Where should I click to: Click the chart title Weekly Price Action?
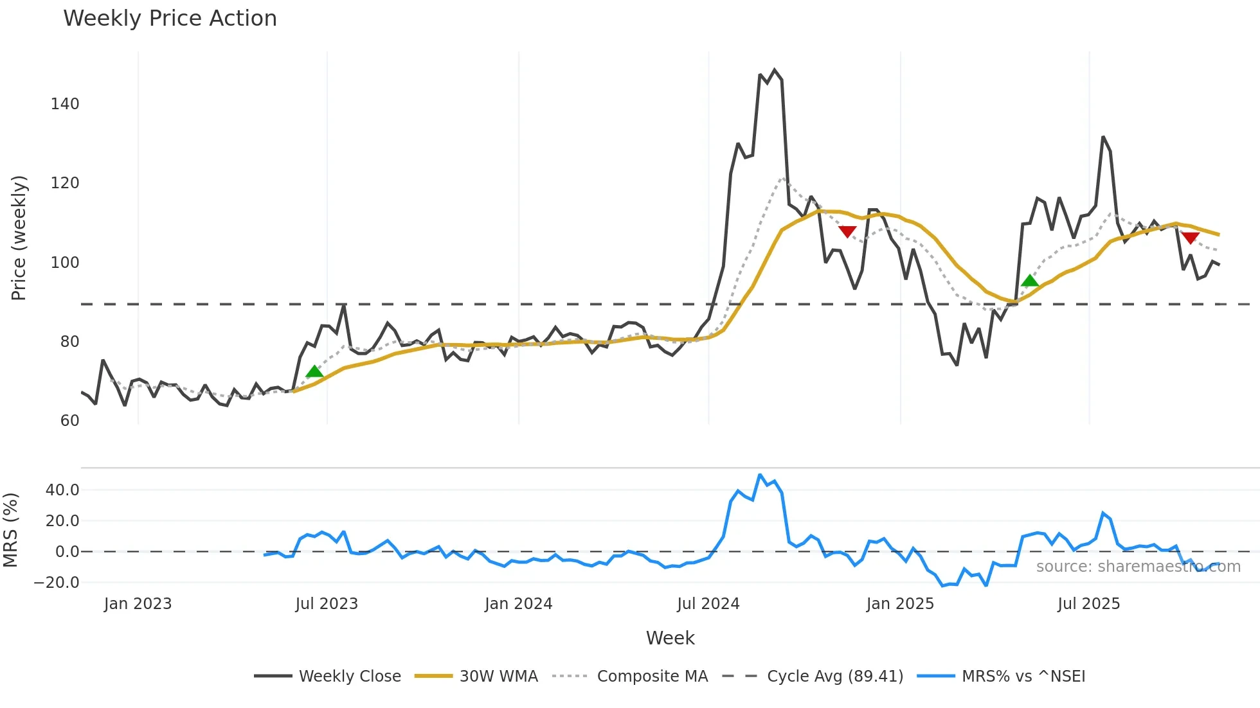pyautogui.click(x=170, y=19)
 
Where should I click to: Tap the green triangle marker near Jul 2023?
pyautogui.click(x=314, y=371)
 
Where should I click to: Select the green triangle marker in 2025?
pyautogui.click(x=1030, y=280)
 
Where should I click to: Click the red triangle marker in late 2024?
pyautogui.click(x=847, y=231)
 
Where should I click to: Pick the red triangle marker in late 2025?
pyautogui.click(x=1190, y=238)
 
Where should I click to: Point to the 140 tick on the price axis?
pyautogui.click(x=65, y=104)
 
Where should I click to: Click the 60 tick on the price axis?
pyautogui.click(x=69, y=421)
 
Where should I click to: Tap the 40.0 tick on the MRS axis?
pyautogui.click(x=62, y=490)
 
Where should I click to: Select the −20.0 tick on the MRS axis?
pyautogui.click(x=57, y=583)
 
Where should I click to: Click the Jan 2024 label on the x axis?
pyautogui.click(x=518, y=604)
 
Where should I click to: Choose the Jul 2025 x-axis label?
pyautogui.click(x=1088, y=604)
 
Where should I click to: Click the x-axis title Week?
pyautogui.click(x=670, y=638)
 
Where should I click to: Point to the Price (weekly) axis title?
pyautogui.click(x=19, y=238)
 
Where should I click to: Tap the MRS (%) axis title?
pyautogui.click(x=11, y=530)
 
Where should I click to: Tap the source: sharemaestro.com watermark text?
pyautogui.click(x=1138, y=567)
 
